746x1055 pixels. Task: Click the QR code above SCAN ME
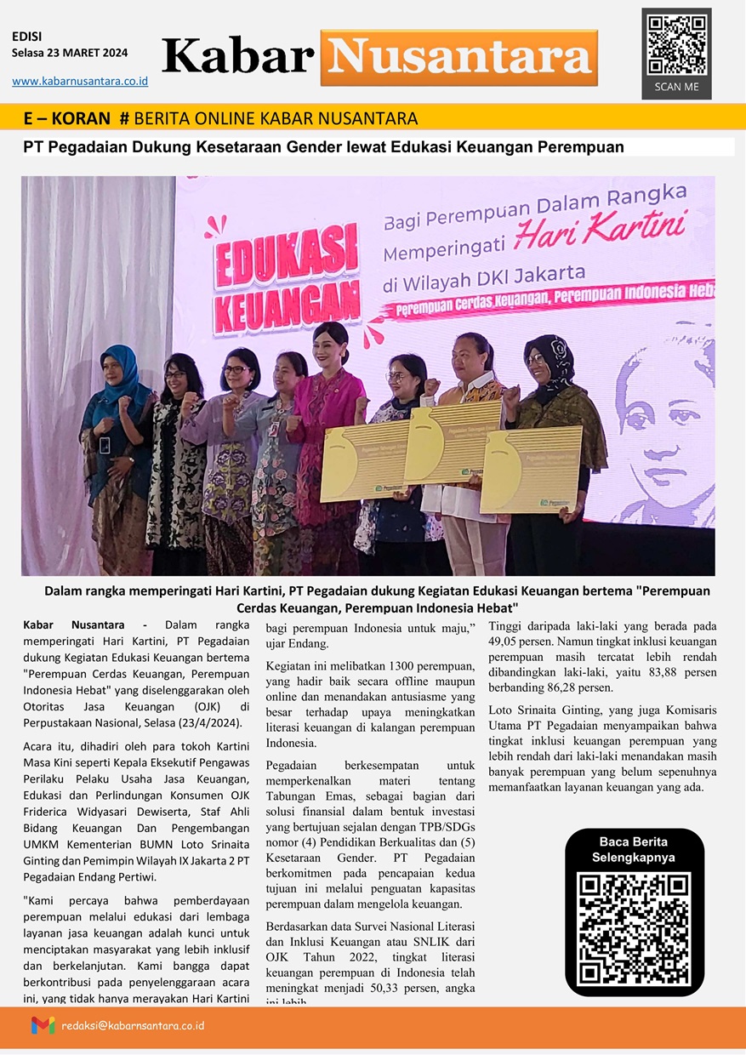676,45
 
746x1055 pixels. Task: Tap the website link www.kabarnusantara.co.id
80,81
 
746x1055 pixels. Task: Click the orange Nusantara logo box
458,58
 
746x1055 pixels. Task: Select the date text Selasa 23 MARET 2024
70,53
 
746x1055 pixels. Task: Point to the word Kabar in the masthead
238,57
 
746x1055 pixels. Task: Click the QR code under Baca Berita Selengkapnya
635,928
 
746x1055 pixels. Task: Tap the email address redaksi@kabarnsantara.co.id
133,1025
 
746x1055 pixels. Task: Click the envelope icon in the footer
43,1025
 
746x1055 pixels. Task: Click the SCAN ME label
676,87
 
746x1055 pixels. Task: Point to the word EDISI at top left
27,37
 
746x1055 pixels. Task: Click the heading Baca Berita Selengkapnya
635,850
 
